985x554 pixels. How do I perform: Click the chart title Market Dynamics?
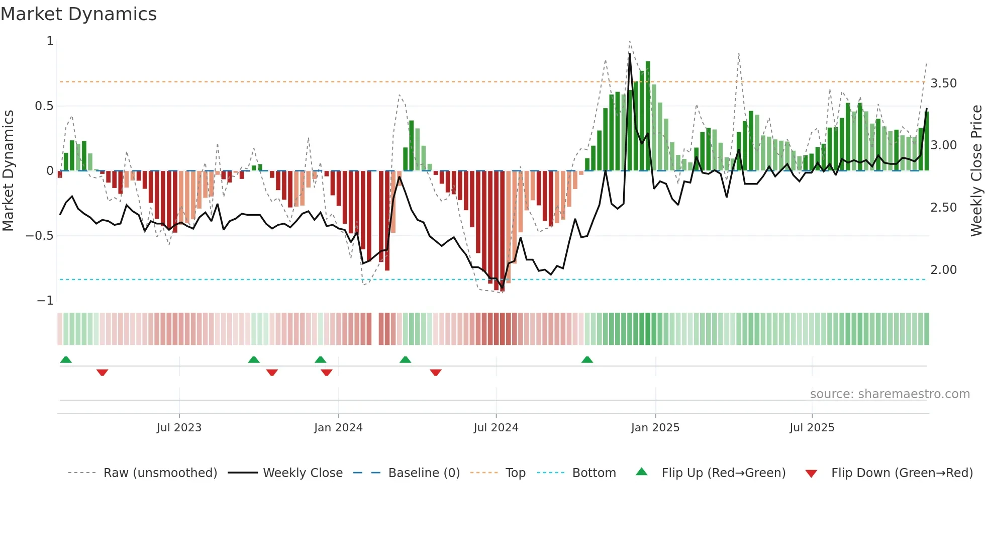78,14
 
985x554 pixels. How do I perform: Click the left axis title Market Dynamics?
8,170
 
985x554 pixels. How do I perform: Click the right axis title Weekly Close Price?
976,170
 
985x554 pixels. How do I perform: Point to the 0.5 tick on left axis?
44,106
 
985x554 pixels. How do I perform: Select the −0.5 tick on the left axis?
40,236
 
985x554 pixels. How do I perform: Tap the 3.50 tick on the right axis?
943,83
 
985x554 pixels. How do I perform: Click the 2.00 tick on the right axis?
943,270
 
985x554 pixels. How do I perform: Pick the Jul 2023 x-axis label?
179,428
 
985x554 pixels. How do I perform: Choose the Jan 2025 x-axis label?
655,428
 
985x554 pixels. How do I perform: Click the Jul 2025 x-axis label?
812,428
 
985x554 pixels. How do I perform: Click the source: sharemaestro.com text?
890,394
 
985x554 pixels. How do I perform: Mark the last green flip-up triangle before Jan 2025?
587,359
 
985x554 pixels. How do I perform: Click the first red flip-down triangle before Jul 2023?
102,373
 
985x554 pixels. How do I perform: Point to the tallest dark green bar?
648,116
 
